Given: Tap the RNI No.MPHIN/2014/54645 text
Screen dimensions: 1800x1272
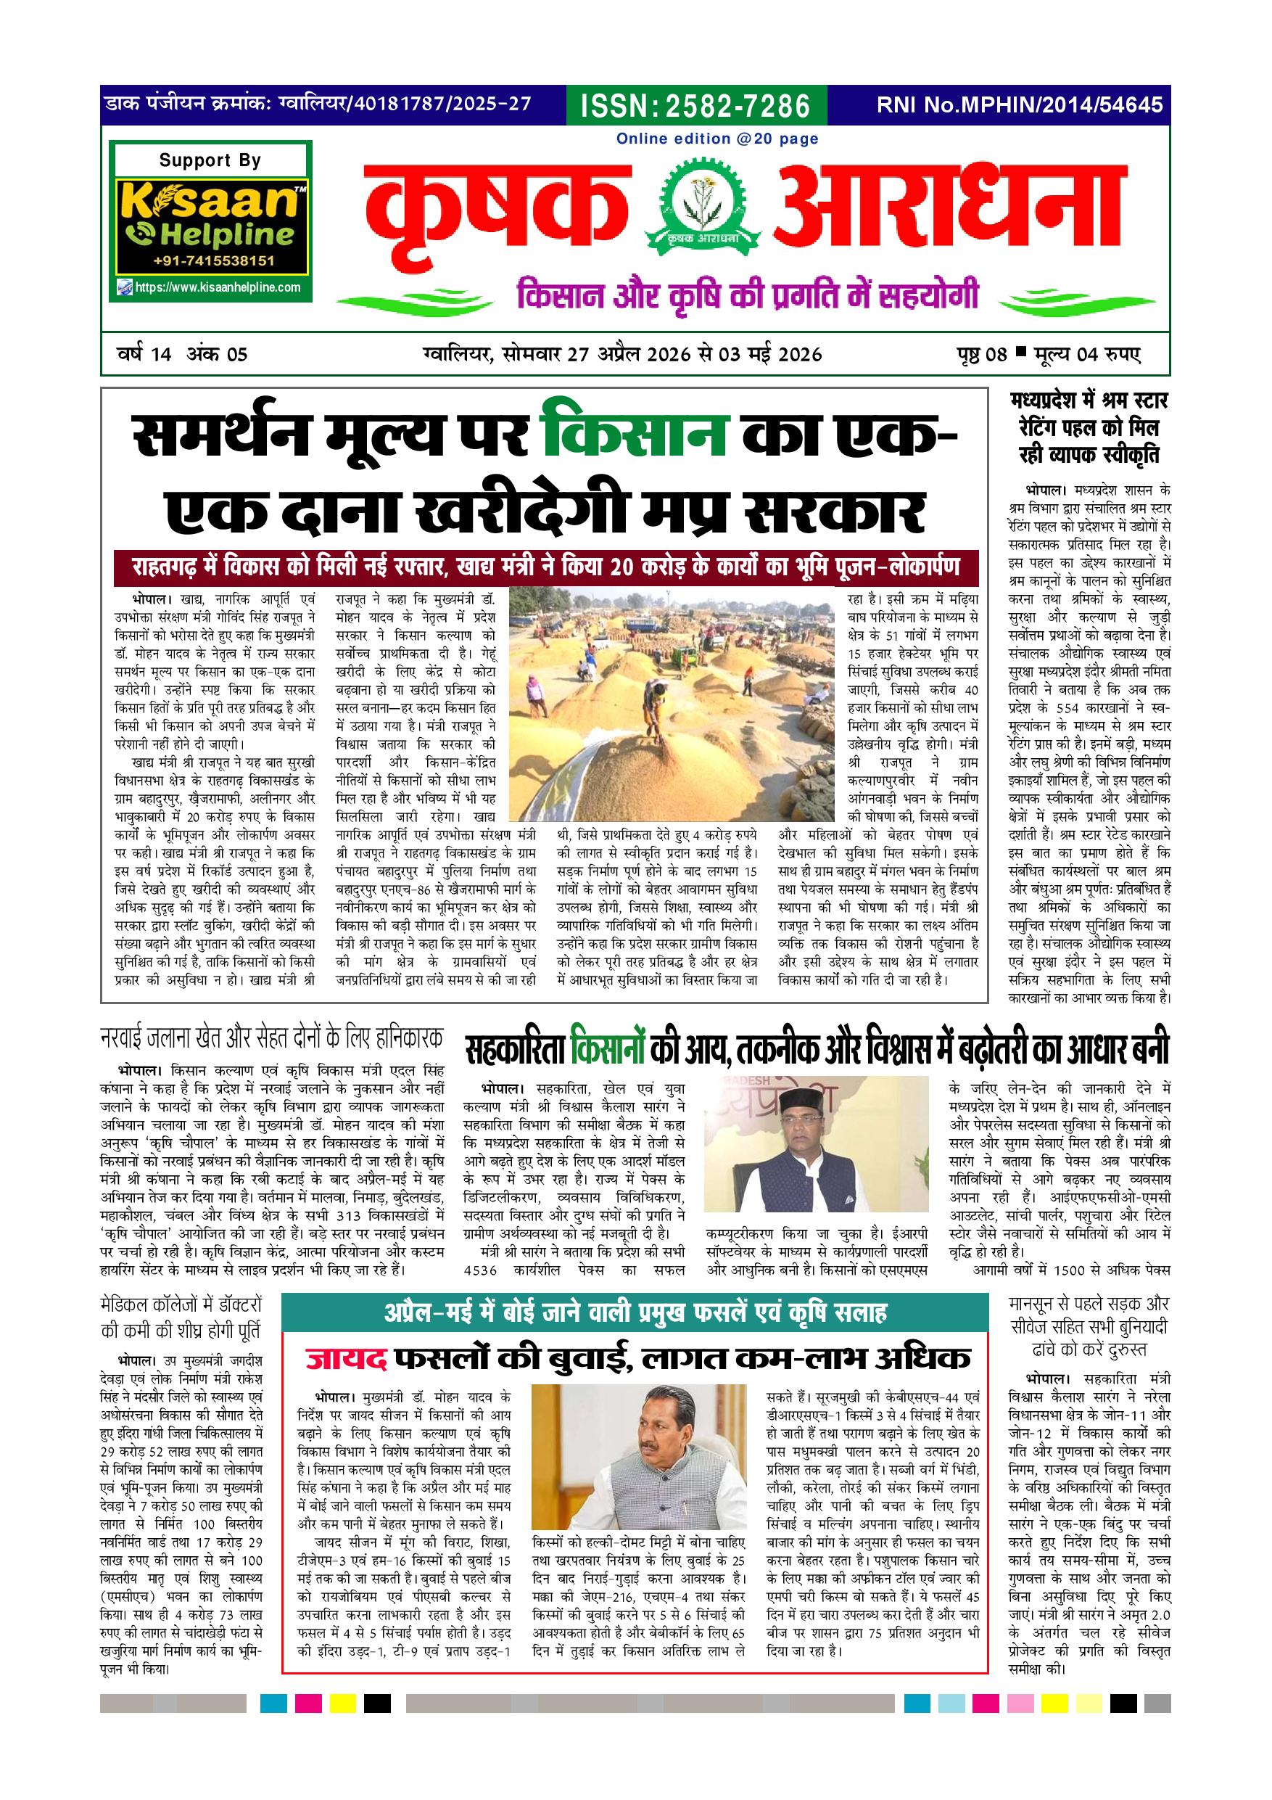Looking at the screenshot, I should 1020,105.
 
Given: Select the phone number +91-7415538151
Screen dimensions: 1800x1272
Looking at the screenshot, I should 212,261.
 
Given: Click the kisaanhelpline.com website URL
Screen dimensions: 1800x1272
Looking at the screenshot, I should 217,287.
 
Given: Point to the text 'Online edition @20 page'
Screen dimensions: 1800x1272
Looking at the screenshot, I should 717,139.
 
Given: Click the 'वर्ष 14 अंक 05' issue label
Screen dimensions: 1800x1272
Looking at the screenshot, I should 182,354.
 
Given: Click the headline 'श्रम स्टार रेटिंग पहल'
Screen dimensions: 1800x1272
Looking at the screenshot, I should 1089,428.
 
